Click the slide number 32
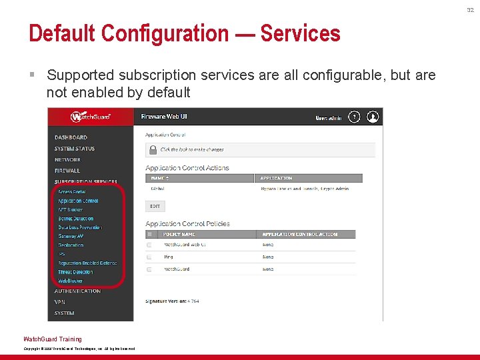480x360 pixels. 471,9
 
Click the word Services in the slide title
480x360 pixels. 300,33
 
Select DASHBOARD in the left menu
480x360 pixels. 71,137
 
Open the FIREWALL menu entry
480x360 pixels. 67,171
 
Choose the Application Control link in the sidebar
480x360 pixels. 78,201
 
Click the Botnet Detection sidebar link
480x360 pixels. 76,219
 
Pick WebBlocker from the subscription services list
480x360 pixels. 71,281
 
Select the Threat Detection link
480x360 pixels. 75,272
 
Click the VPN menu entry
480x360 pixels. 60,302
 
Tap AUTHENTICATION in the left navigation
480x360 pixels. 77,291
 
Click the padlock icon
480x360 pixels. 152,150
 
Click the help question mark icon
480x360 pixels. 355,117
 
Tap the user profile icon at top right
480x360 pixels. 373,117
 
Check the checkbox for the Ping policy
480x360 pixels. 149,257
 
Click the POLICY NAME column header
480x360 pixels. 180,234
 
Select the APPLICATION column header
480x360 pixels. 277,178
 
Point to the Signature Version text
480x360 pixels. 172,301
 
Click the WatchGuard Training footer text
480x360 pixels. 53,339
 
